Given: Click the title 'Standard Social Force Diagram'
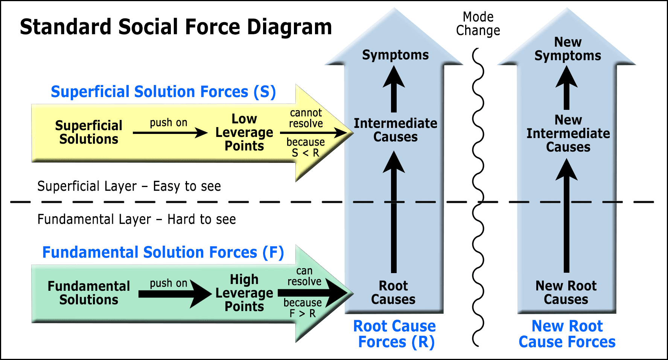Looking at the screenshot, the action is click(x=176, y=27).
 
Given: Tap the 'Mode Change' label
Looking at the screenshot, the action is click(x=478, y=24).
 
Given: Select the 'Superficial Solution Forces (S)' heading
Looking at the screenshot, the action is click(x=163, y=92).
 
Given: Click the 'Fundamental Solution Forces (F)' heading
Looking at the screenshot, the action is click(x=163, y=252).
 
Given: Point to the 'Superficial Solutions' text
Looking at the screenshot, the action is click(x=89, y=132).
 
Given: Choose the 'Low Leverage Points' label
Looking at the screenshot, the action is click(x=244, y=132).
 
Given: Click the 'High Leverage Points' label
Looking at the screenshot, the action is click(x=244, y=293).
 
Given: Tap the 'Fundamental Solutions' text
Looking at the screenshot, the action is click(x=89, y=293).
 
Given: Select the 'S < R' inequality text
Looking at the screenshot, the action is click(x=306, y=153).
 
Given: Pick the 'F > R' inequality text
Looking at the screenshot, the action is click(x=303, y=313).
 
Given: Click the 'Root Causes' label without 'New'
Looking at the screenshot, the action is click(x=393, y=293).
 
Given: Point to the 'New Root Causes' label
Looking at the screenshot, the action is click(x=566, y=293).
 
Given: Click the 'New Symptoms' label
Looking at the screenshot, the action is click(x=568, y=49).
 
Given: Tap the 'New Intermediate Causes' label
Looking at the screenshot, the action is click(x=568, y=134).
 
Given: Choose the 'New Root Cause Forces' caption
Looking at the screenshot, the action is click(x=567, y=334).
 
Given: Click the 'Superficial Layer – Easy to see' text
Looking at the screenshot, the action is click(x=129, y=186).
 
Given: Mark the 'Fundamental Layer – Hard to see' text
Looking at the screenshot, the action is click(x=137, y=219).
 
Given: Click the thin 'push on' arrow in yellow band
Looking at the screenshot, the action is click(x=170, y=132).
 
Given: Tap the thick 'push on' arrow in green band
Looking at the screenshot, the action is click(x=175, y=294).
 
